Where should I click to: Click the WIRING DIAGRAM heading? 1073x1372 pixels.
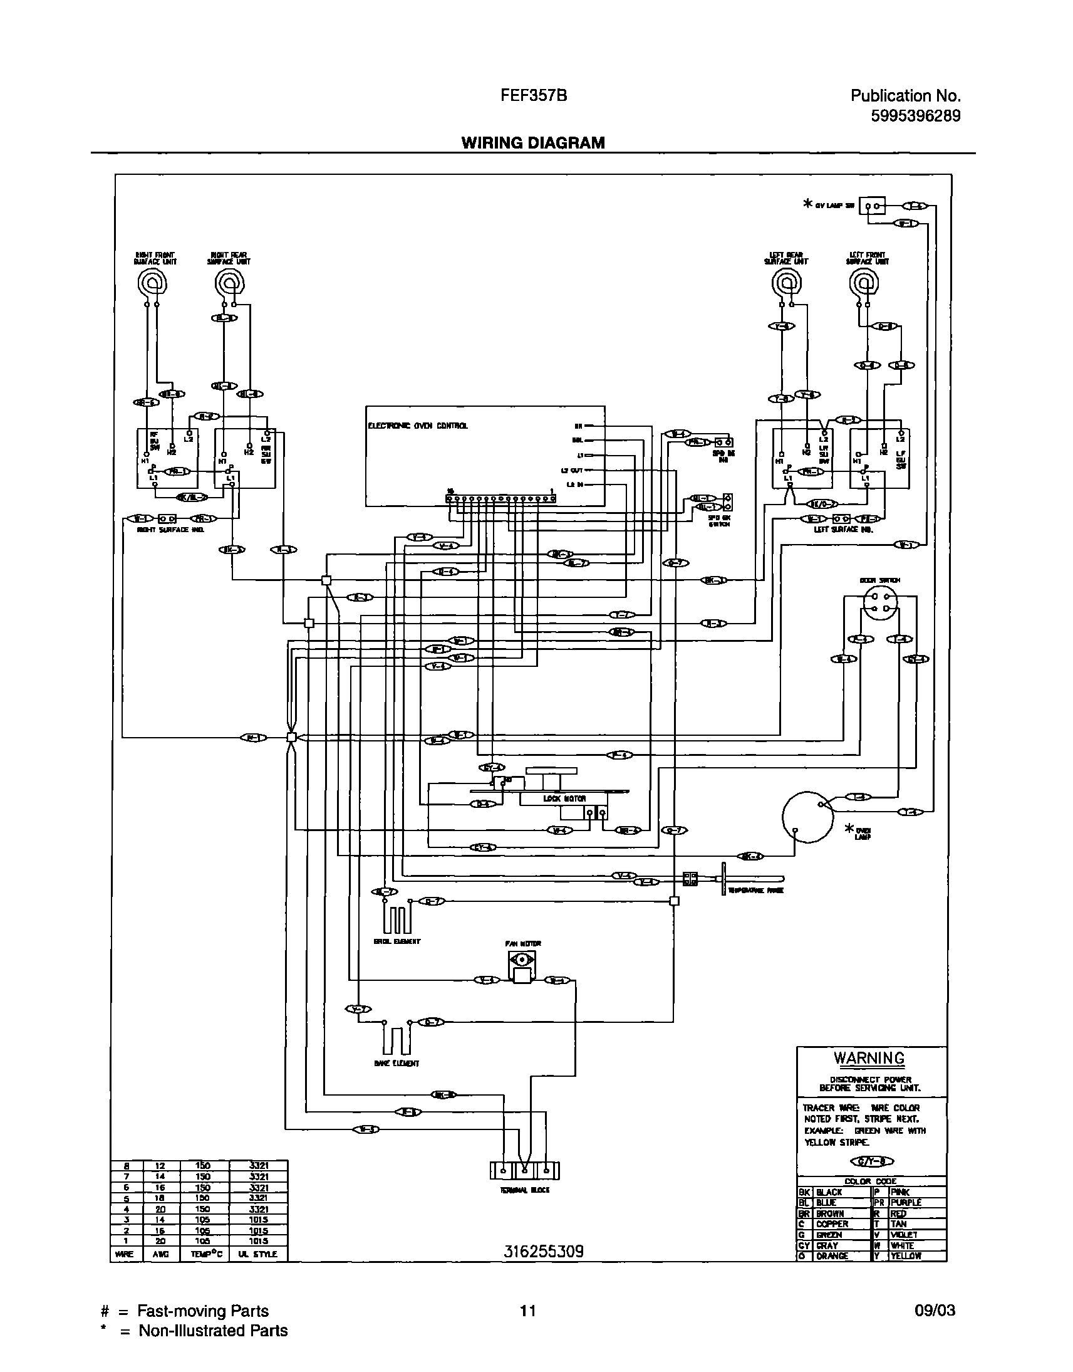pyautogui.click(x=532, y=143)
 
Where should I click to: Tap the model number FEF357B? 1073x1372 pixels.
pyautogui.click(x=533, y=95)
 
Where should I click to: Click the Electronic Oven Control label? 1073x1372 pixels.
pyautogui.click(x=417, y=426)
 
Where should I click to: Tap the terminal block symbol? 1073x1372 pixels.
pyautogui.click(x=524, y=1171)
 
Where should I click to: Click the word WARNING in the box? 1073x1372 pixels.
pyautogui.click(x=869, y=1059)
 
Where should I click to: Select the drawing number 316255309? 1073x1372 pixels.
pyautogui.click(x=544, y=1251)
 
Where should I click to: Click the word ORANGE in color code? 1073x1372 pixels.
pyautogui.click(x=832, y=1255)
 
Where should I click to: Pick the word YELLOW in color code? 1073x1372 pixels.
pyautogui.click(x=905, y=1255)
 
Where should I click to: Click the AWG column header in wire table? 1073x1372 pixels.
pyautogui.click(x=161, y=1254)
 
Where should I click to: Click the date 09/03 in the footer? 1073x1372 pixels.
pyautogui.click(x=935, y=1311)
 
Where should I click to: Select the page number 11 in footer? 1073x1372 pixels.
pyautogui.click(x=527, y=1311)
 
